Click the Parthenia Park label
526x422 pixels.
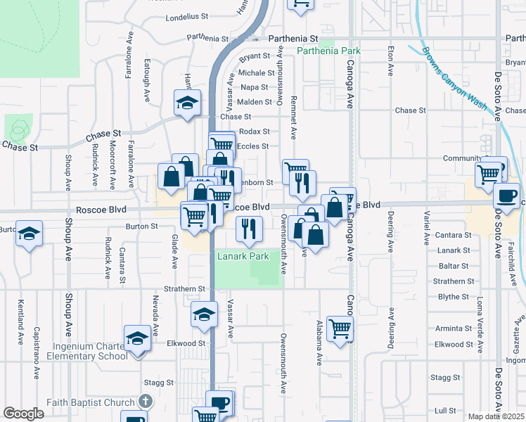(329, 51)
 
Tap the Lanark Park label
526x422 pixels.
(243, 257)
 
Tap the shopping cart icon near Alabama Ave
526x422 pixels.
(340, 328)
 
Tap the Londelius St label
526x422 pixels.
(187, 15)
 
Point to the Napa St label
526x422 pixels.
(254, 87)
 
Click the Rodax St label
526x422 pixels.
(255, 132)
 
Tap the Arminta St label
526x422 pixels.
(453, 328)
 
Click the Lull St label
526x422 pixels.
(445, 410)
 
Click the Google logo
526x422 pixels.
(23, 413)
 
